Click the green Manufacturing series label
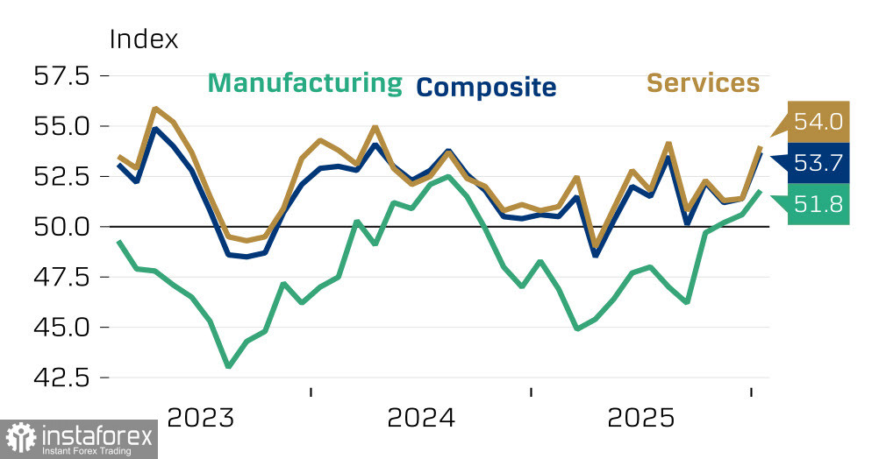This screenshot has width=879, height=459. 304,83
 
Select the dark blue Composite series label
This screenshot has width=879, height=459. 486,87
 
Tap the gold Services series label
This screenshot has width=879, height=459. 703,83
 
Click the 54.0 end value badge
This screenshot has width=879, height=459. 818,122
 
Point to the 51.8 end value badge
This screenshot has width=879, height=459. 818,204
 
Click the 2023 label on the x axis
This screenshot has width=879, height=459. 201,417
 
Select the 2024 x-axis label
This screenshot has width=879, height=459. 421,417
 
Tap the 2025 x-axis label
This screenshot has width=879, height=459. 641,417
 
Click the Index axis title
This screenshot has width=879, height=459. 143,39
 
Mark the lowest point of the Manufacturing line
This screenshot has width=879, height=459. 229,366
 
